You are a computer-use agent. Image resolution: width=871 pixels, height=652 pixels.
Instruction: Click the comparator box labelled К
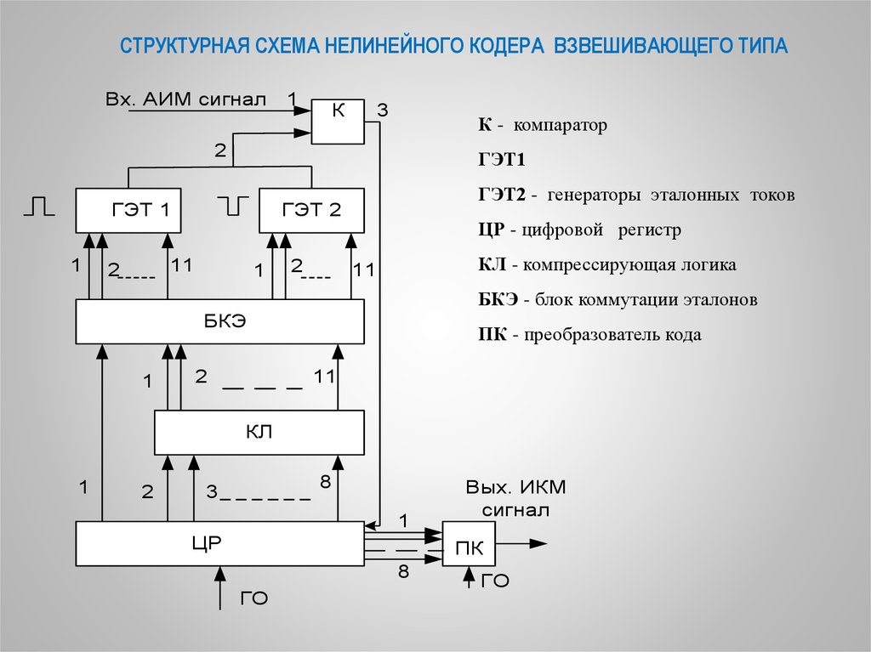[x=339, y=122]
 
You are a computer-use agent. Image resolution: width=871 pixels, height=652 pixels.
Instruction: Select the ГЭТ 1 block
[x=128, y=210]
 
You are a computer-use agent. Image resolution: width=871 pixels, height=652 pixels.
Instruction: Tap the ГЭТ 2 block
[x=311, y=210]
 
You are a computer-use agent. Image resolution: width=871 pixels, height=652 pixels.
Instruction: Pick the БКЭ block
[x=220, y=321]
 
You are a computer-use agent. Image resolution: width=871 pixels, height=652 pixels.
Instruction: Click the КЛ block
[x=259, y=432]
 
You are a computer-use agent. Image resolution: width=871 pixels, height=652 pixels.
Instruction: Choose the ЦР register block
[x=219, y=544]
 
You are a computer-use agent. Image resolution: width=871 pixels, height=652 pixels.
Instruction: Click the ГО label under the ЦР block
[x=254, y=598]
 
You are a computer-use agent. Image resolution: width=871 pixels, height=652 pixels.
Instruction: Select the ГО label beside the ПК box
[x=495, y=581]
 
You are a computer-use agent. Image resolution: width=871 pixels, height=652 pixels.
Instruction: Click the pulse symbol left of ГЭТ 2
[x=232, y=205]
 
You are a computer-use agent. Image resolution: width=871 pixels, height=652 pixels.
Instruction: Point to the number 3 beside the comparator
[x=383, y=110]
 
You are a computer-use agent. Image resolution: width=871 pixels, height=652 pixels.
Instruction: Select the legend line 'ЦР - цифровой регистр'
[x=579, y=230]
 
